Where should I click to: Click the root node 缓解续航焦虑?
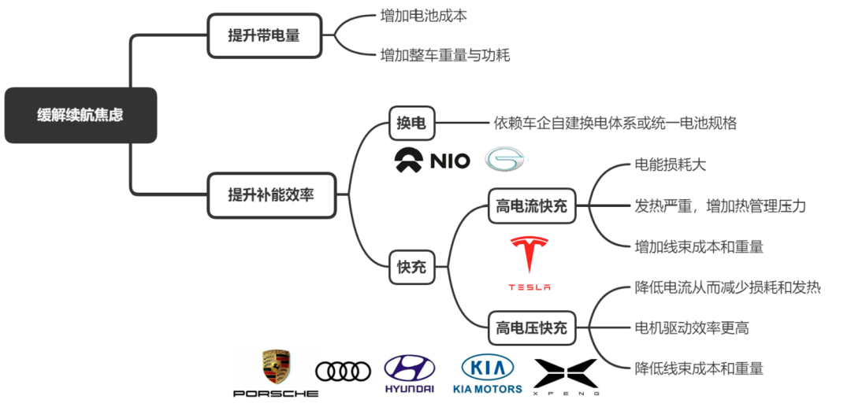(80, 115)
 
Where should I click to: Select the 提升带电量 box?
(264, 35)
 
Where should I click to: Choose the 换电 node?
(411, 123)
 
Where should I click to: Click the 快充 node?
(411, 267)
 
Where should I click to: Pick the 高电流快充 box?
(531, 207)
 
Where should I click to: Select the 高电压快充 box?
(531, 327)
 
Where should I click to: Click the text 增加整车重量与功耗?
(445, 55)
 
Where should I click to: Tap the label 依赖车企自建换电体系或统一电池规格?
(615, 123)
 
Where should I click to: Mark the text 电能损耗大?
(671, 165)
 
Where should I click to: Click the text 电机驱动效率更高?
(691, 327)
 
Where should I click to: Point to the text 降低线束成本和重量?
(699, 368)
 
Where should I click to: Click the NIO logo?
(432, 161)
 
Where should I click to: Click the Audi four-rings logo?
(343, 371)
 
